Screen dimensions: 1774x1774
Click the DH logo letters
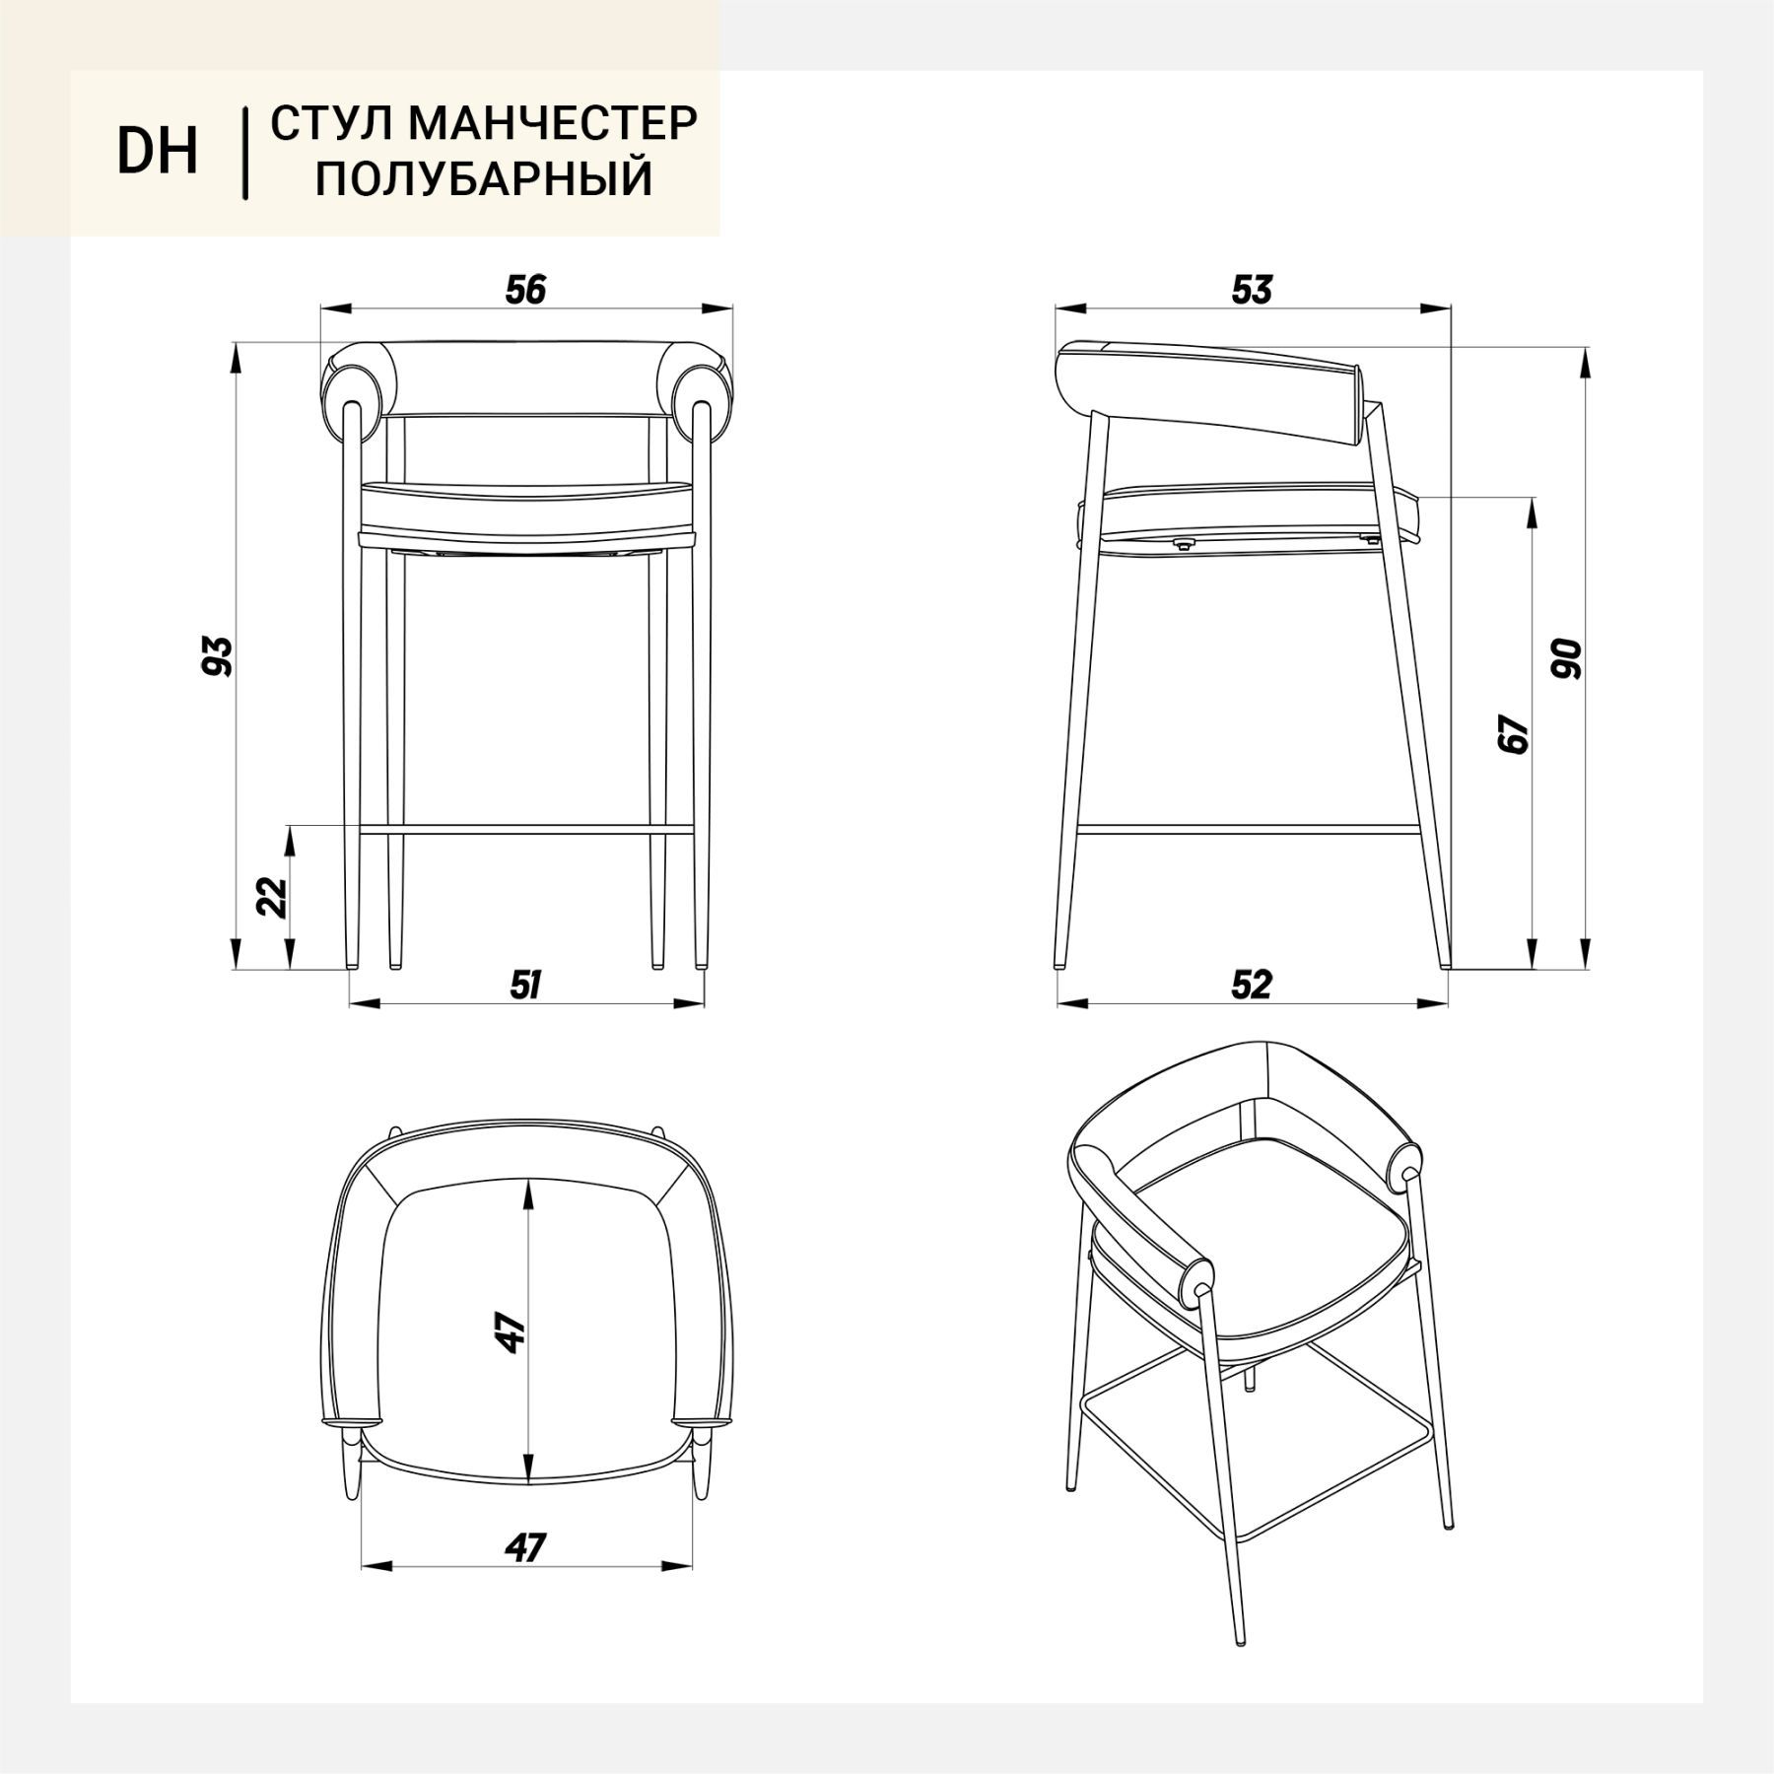pyautogui.click(x=158, y=152)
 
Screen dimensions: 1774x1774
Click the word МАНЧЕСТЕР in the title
pyautogui.click(x=552, y=123)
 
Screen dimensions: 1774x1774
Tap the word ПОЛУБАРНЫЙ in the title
pyautogui.click(x=484, y=179)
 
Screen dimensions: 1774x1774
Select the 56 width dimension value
pyautogui.click(x=525, y=290)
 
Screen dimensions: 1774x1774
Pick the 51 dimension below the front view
pyautogui.click(x=524, y=985)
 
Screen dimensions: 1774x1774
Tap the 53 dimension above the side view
pyautogui.click(x=1252, y=290)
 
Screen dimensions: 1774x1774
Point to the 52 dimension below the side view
pyautogui.click(x=1252, y=985)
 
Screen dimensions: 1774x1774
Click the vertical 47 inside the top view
pyautogui.click(x=511, y=1332)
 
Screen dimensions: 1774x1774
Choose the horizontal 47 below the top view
pyautogui.click(x=524, y=1548)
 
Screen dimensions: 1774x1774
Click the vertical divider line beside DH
pyautogui.click(x=244, y=154)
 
